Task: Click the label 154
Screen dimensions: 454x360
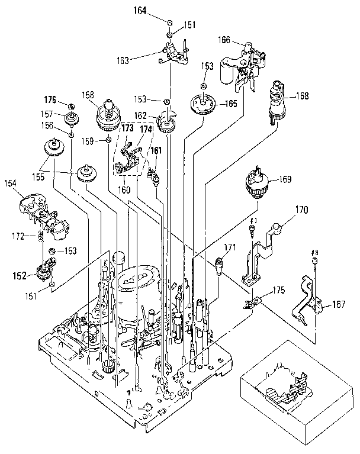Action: pyautogui.click(x=11, y=184)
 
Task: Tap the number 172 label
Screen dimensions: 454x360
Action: pyautogui.click(x=21, y=236)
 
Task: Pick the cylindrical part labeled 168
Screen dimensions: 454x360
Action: pyautogui.click(x=276, y=99)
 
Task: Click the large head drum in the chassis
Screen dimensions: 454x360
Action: pyautogui.click(x=140, y=287)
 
